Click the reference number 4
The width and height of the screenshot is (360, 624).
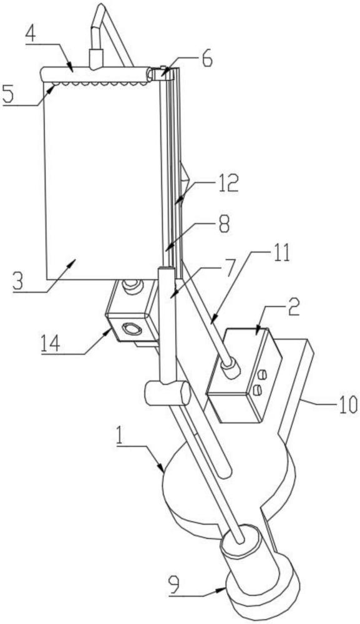tap(31, 36)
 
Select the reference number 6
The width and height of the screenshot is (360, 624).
tap(207, 59)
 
